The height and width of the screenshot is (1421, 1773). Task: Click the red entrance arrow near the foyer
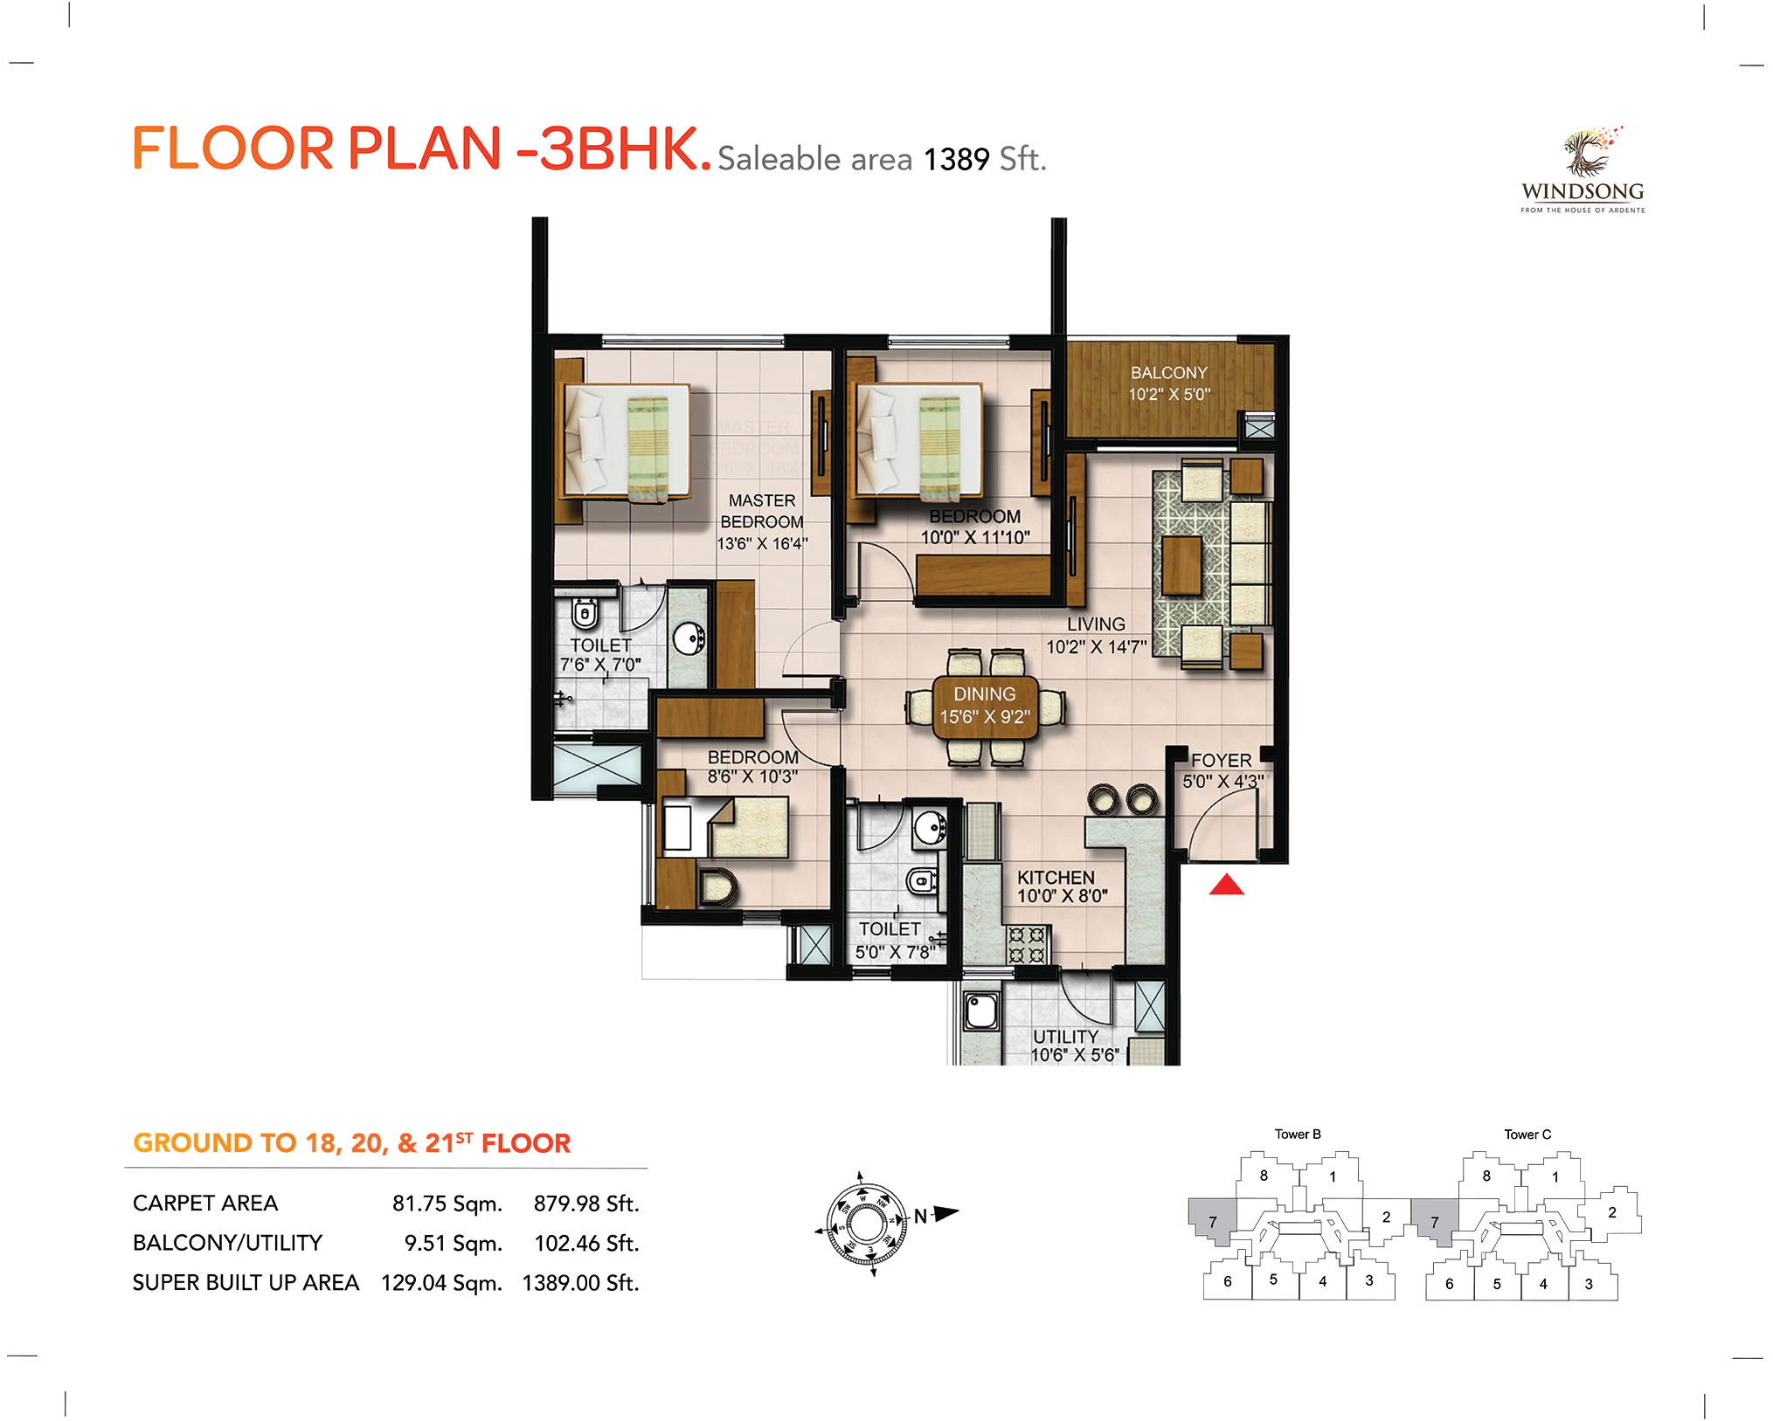[x=1226, y=885]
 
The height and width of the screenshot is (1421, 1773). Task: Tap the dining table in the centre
[x=985, y=707]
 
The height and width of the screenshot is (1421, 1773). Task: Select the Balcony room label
[x=1169, y=373]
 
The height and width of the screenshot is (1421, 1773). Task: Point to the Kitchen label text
[x=1056, y=877]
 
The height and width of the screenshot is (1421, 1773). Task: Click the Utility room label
[x=1066, y=1036]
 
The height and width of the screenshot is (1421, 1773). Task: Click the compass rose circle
[x=866, y=1224]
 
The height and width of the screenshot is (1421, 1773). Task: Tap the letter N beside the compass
[x=920, y=1216]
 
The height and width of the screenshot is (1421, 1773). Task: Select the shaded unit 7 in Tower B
[x=1212, y=1220]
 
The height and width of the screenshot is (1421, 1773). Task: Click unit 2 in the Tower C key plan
[x=1612, y=1212]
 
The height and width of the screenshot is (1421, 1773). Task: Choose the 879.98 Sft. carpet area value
[x=586, y=1204]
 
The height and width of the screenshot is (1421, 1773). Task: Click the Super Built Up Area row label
[x=246, y=1282]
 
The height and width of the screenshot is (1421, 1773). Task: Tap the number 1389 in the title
[x=957, y=160]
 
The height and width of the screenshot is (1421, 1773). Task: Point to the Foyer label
[x=1222, y=761]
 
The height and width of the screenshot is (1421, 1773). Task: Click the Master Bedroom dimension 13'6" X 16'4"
[x=762, y=543]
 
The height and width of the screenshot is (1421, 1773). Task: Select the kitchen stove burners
[x=1027, y=945]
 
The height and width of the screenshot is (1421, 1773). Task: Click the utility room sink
[x=981, y=1011]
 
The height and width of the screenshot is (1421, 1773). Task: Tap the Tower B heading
[x=1298, y=1135]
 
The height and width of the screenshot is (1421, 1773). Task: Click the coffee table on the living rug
[x=1181, y=565]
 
